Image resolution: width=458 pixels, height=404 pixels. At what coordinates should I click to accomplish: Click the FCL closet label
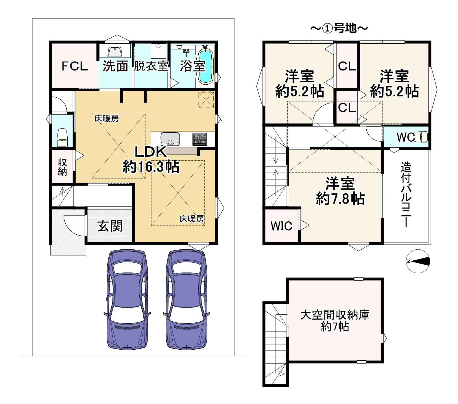pyautogui.click(x=75, y=66)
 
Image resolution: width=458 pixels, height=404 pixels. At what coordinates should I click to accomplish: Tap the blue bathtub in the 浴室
pyautogui.click(x=206, y=66)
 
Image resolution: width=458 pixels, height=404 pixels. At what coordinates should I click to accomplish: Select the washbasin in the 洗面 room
pyautogui.click(x=115, y=52)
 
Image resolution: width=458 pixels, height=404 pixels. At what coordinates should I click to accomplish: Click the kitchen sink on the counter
pyautogui.click(x=170, y=139)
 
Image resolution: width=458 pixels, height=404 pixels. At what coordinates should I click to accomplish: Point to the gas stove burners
pyautogui.click(x=200, y=139)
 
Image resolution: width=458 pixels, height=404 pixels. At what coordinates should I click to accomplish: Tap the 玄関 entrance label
pyautogui.click(x=110, y=226)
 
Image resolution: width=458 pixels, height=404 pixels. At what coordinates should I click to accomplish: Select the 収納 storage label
pyautogui.click(x=62, y=167)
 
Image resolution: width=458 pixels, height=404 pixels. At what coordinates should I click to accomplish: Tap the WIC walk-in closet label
pyautogui.click(x=281, y=226)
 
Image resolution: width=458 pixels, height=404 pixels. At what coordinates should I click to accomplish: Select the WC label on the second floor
pyautogui.click(x=406, y=137)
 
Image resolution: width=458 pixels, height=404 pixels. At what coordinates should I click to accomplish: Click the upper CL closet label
pyautogui.click(x=347, y=66)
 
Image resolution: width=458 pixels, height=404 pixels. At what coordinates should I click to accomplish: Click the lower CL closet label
pyautogui.click(x=347, y=108)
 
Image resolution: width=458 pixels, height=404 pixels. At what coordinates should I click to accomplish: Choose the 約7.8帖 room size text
pyautogui.click(x=340, y=199)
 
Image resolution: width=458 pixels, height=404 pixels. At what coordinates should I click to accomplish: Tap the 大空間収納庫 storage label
pyautogui.click(x=335, y=315)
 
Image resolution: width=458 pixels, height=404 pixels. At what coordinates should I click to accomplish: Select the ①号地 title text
pyautogui.click(x=339, y=28)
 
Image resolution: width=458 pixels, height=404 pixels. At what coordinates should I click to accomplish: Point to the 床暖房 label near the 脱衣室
pyautogui.click(x=106, y=118)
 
